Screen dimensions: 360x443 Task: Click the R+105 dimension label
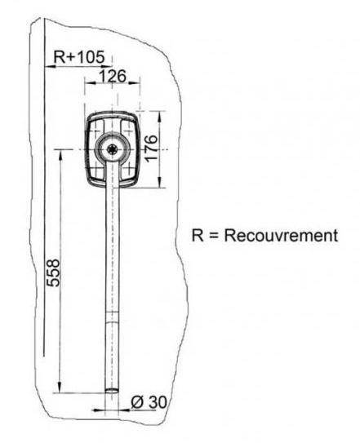(79, 57)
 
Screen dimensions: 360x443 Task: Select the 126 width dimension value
(113, 77)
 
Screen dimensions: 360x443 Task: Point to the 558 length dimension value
(53, 273)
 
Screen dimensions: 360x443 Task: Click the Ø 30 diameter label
(149, 401)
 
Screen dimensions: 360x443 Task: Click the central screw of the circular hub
(113, 149)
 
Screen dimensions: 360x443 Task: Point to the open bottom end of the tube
(113, 391)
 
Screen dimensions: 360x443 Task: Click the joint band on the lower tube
(113, 317)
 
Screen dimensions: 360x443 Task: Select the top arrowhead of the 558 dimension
(60, 155)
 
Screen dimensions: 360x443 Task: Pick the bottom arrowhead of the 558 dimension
(60, 387)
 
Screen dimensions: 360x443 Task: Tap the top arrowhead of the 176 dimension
(160, 117)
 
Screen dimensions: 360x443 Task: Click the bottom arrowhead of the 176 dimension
(160, 182)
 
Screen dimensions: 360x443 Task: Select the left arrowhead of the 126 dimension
(91, 83)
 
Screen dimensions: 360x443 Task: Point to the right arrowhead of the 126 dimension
(135, 83)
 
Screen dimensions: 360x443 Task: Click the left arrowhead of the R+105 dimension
(51, 67)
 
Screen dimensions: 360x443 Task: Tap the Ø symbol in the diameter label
(136, 401)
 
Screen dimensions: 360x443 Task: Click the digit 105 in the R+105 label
(91, 57)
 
